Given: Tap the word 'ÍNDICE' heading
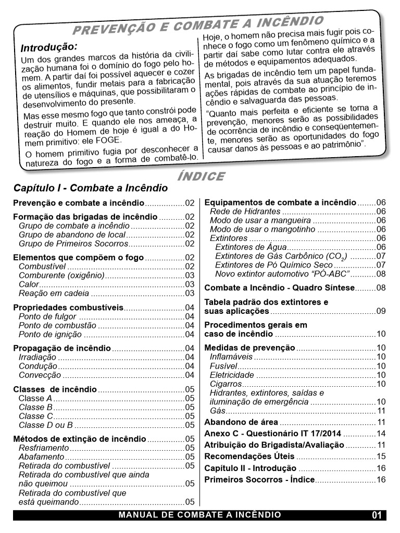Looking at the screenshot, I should tap(201, 176).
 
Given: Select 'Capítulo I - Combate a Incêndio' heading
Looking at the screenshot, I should tap(91, 188).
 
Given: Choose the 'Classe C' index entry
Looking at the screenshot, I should tap(36, 416).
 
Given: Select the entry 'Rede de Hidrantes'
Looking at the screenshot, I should tap(245, 212).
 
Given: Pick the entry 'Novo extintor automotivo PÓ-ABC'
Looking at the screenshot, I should tap(282, 273).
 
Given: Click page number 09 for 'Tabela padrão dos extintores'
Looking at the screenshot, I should tap(381, 311).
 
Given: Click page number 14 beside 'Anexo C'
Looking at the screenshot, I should tap(381, 434).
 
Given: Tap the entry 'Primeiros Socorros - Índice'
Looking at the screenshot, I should tap(259, 479).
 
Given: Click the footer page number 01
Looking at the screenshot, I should tap(377, 515).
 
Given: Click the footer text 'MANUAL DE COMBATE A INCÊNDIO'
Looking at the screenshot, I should tap(200, 515).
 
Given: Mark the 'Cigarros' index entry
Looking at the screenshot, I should tap(226, 384).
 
